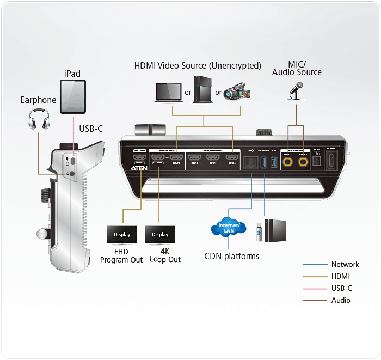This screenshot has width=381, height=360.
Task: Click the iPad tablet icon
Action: (73, 96)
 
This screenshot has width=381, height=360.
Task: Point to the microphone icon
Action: (296, 91)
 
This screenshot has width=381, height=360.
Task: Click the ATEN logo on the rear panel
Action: (138, 169)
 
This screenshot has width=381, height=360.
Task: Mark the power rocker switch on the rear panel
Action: (331, 160)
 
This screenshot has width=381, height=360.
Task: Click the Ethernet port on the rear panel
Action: (251, 161)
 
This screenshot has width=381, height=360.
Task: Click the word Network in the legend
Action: (345, 265)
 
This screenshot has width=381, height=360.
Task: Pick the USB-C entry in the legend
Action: (342, 289)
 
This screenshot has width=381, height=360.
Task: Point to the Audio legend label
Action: (341, 301)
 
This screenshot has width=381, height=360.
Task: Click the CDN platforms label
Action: (231, 256)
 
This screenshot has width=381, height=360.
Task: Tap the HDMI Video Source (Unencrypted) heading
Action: (198, 66)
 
